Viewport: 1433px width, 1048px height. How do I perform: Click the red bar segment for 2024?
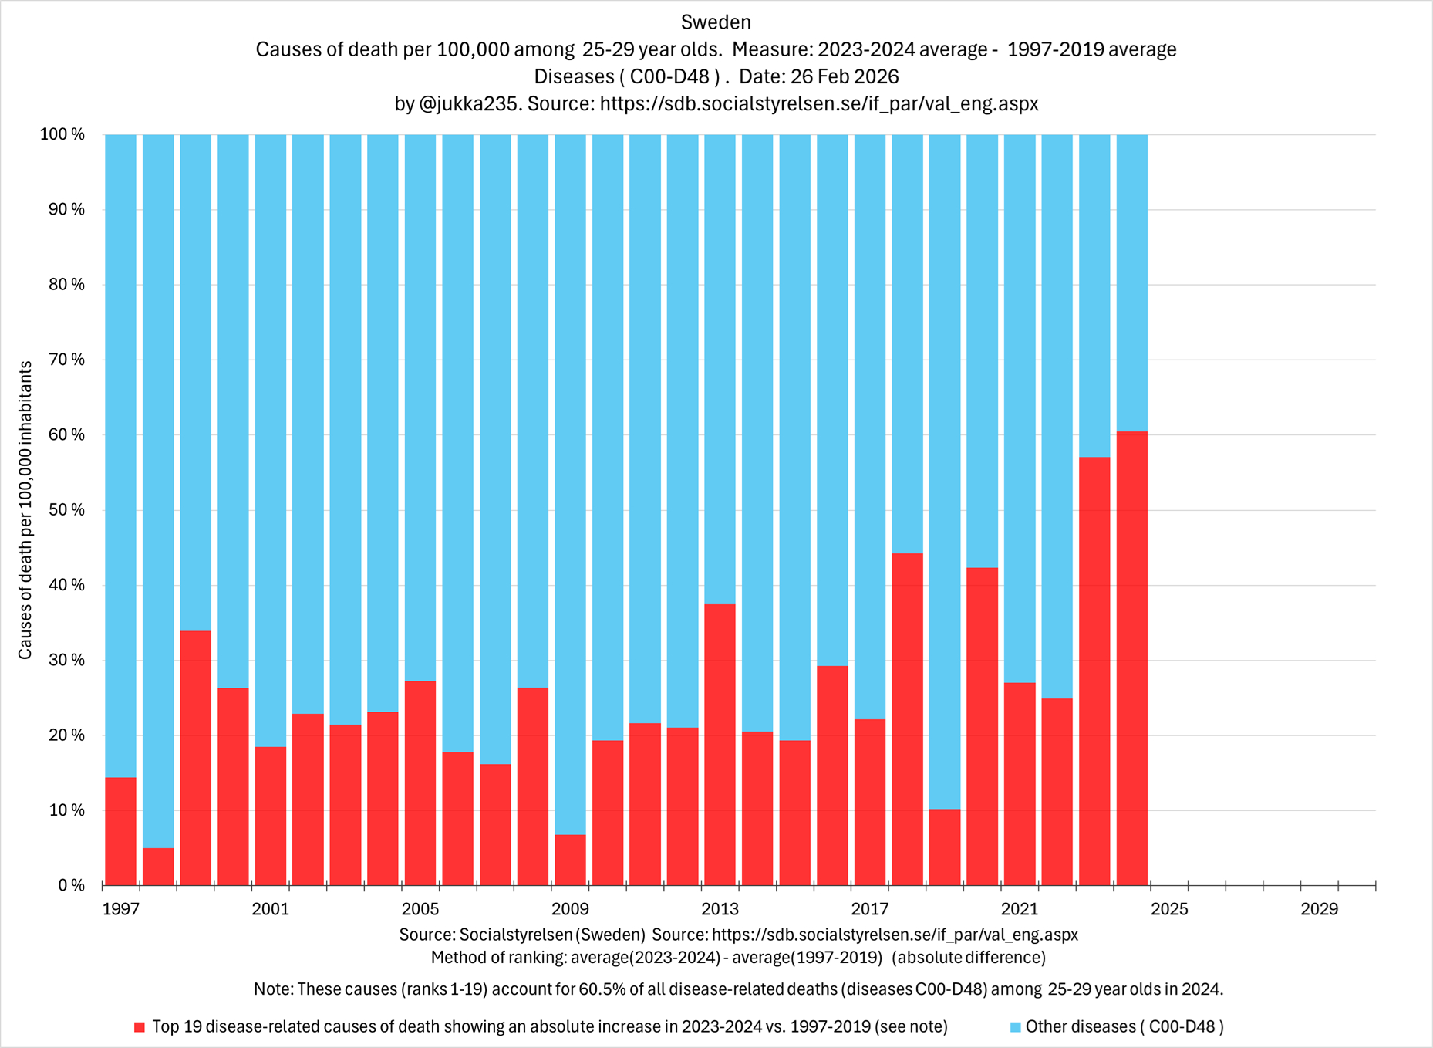coord(1131,658)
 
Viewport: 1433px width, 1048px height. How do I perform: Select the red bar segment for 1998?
coord(158,866)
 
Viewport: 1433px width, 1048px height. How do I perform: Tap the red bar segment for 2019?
coord(944,847)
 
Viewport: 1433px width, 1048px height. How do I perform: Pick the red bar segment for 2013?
coord(720,744)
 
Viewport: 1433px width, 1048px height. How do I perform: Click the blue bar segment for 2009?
coord(570,484)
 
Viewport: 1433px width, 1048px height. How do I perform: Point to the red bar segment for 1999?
coord(195,758)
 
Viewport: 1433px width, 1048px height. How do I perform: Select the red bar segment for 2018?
coord(907,718)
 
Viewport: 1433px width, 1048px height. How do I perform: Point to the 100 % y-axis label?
coord(62,135)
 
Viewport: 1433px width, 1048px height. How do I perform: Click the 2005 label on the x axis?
coord(420,909)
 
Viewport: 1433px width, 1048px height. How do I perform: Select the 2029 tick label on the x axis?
coord(1319,909)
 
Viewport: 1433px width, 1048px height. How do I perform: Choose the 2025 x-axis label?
coord(1169,909)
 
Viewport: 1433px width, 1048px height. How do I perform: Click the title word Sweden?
coord(716,22)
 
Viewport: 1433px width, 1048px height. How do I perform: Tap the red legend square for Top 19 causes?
coord(140,1027)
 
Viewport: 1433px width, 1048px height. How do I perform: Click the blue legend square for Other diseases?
coord(1015,1027)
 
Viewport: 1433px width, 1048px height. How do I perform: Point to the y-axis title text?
coord(25,509)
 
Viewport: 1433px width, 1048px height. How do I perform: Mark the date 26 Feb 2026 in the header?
coord(844,76)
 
